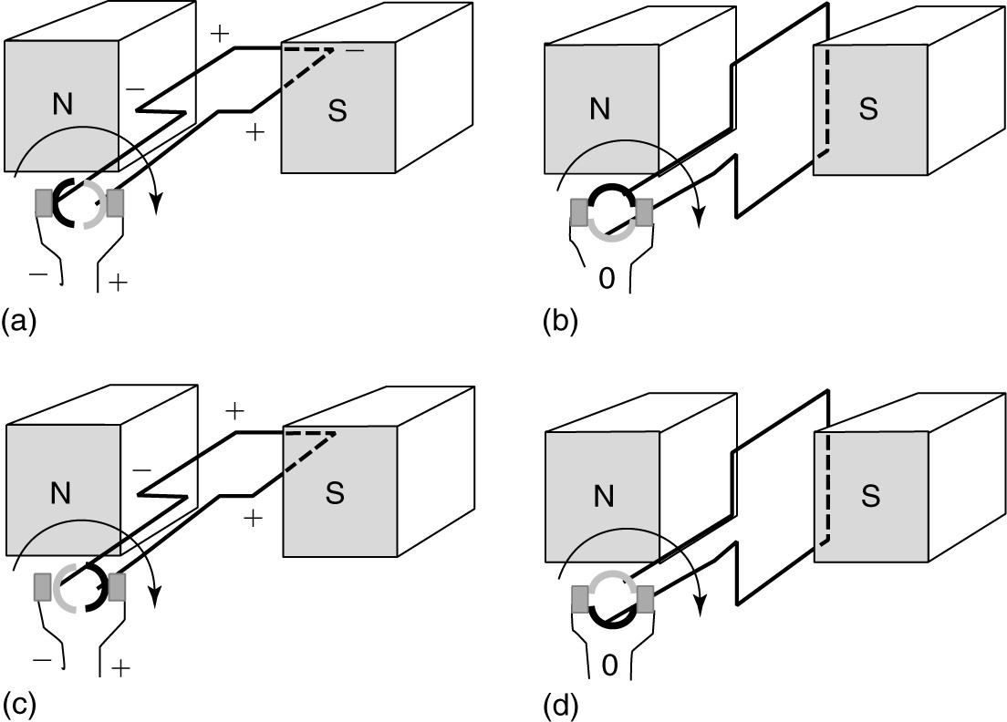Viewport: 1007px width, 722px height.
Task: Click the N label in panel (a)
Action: (62, 105)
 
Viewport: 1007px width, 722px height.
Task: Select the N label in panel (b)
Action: (599, 108)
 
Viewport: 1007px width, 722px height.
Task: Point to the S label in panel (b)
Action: (868, 108)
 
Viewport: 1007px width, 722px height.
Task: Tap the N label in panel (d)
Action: (600, 495)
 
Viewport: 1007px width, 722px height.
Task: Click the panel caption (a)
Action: (21, 321)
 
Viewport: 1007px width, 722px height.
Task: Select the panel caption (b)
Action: (559, 321)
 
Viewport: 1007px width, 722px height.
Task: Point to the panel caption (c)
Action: (21, 704)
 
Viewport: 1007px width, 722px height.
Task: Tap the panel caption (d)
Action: (559, 704)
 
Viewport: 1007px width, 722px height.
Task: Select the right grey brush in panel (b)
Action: (646, 212)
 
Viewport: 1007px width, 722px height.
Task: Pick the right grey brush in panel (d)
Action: (646, 599)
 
